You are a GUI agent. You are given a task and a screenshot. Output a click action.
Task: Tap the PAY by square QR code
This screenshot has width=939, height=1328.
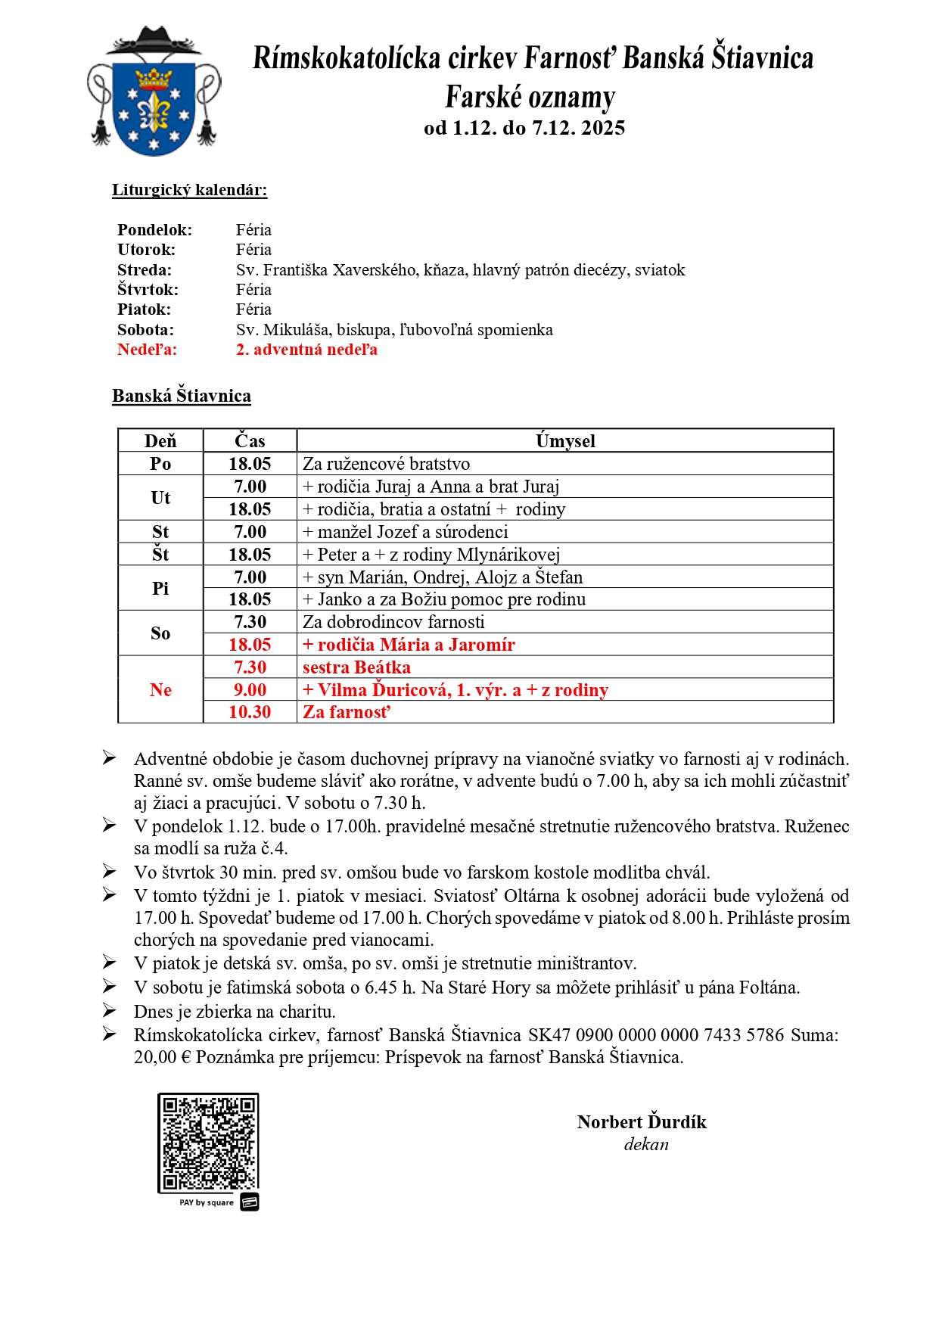tap(208, 1143)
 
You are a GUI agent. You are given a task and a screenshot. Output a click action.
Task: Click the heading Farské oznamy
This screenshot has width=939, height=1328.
tap(530, 97)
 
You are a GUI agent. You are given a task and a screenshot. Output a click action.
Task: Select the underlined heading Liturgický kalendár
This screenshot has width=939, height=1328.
tap(189, 190)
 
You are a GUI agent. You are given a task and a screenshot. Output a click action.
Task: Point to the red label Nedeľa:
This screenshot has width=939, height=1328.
tap(147, 350)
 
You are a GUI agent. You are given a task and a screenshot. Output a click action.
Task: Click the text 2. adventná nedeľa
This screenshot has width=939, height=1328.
tap(306, 350)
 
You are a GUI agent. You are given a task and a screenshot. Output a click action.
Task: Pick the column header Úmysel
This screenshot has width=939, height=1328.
tap(565, 441)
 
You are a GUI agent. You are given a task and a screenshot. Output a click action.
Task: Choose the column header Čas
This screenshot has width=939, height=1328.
tap(250, 441)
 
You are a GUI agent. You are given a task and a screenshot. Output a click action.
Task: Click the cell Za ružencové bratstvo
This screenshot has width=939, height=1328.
tap(386, 464)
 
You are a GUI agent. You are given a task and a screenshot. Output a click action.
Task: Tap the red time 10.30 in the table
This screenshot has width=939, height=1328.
tap(250, 712)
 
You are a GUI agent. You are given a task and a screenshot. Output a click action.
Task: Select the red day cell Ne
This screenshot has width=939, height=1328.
tap(160, 690)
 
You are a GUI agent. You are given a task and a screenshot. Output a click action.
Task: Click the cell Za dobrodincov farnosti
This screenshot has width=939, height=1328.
tap(393, 622)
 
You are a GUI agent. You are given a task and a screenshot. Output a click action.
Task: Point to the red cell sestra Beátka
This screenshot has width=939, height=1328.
tap(356, 667)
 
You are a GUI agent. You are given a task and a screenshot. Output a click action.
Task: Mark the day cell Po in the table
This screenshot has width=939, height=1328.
tap(160, 464)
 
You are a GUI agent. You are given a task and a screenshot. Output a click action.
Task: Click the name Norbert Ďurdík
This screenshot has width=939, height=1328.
tap(642, 1122)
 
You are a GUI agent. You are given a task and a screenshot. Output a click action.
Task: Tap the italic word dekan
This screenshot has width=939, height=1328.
tap(646, 1145)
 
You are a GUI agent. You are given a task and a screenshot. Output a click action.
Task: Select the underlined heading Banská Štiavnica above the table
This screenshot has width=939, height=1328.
tap(182, 396)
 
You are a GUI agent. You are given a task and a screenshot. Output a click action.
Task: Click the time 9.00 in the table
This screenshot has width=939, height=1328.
tap(250, 690)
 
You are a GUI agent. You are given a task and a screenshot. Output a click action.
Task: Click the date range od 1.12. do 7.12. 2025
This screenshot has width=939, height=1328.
tap(524, 128)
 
